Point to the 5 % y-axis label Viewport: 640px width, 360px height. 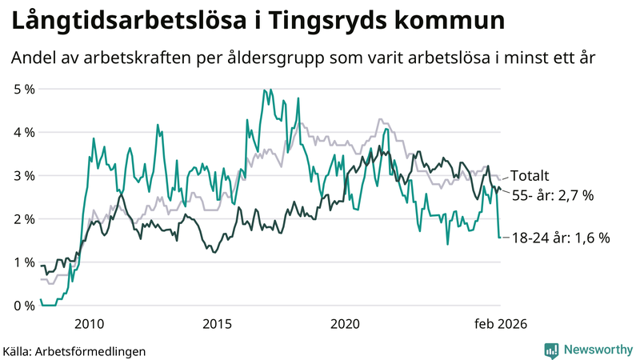coord(24,89)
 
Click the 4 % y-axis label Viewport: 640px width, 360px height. coord(24,132)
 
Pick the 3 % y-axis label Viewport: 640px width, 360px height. coord(24,175)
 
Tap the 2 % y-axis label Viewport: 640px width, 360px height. coord(24,218)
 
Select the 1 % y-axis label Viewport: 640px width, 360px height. coord(24,262)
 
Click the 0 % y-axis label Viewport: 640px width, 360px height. coord(24,305)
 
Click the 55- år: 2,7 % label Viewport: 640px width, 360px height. coord(552,196)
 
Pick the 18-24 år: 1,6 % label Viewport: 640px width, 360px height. coord(561,238)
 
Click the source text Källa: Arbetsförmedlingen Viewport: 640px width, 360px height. coord(74,350)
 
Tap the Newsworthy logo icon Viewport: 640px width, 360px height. coord(551,350)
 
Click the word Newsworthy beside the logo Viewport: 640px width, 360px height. coord(597,350)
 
